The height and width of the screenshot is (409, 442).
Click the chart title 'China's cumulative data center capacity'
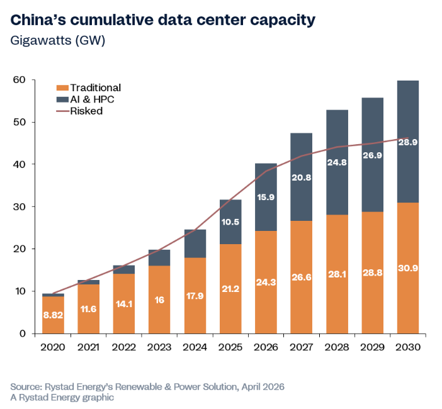(x=163, y=21)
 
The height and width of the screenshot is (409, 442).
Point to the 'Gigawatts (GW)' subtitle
(x=57, y=41)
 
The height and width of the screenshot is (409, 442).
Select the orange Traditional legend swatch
(x=62, y=88)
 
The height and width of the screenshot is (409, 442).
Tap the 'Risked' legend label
(x=86, y=111)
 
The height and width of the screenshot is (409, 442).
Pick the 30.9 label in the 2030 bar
(x=408, y=268)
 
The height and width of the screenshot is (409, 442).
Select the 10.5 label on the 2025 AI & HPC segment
(x=230, y=223)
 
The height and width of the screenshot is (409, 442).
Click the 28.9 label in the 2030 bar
(x=408, y=142)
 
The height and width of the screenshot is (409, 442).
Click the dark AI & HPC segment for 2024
(x=195, y=244)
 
